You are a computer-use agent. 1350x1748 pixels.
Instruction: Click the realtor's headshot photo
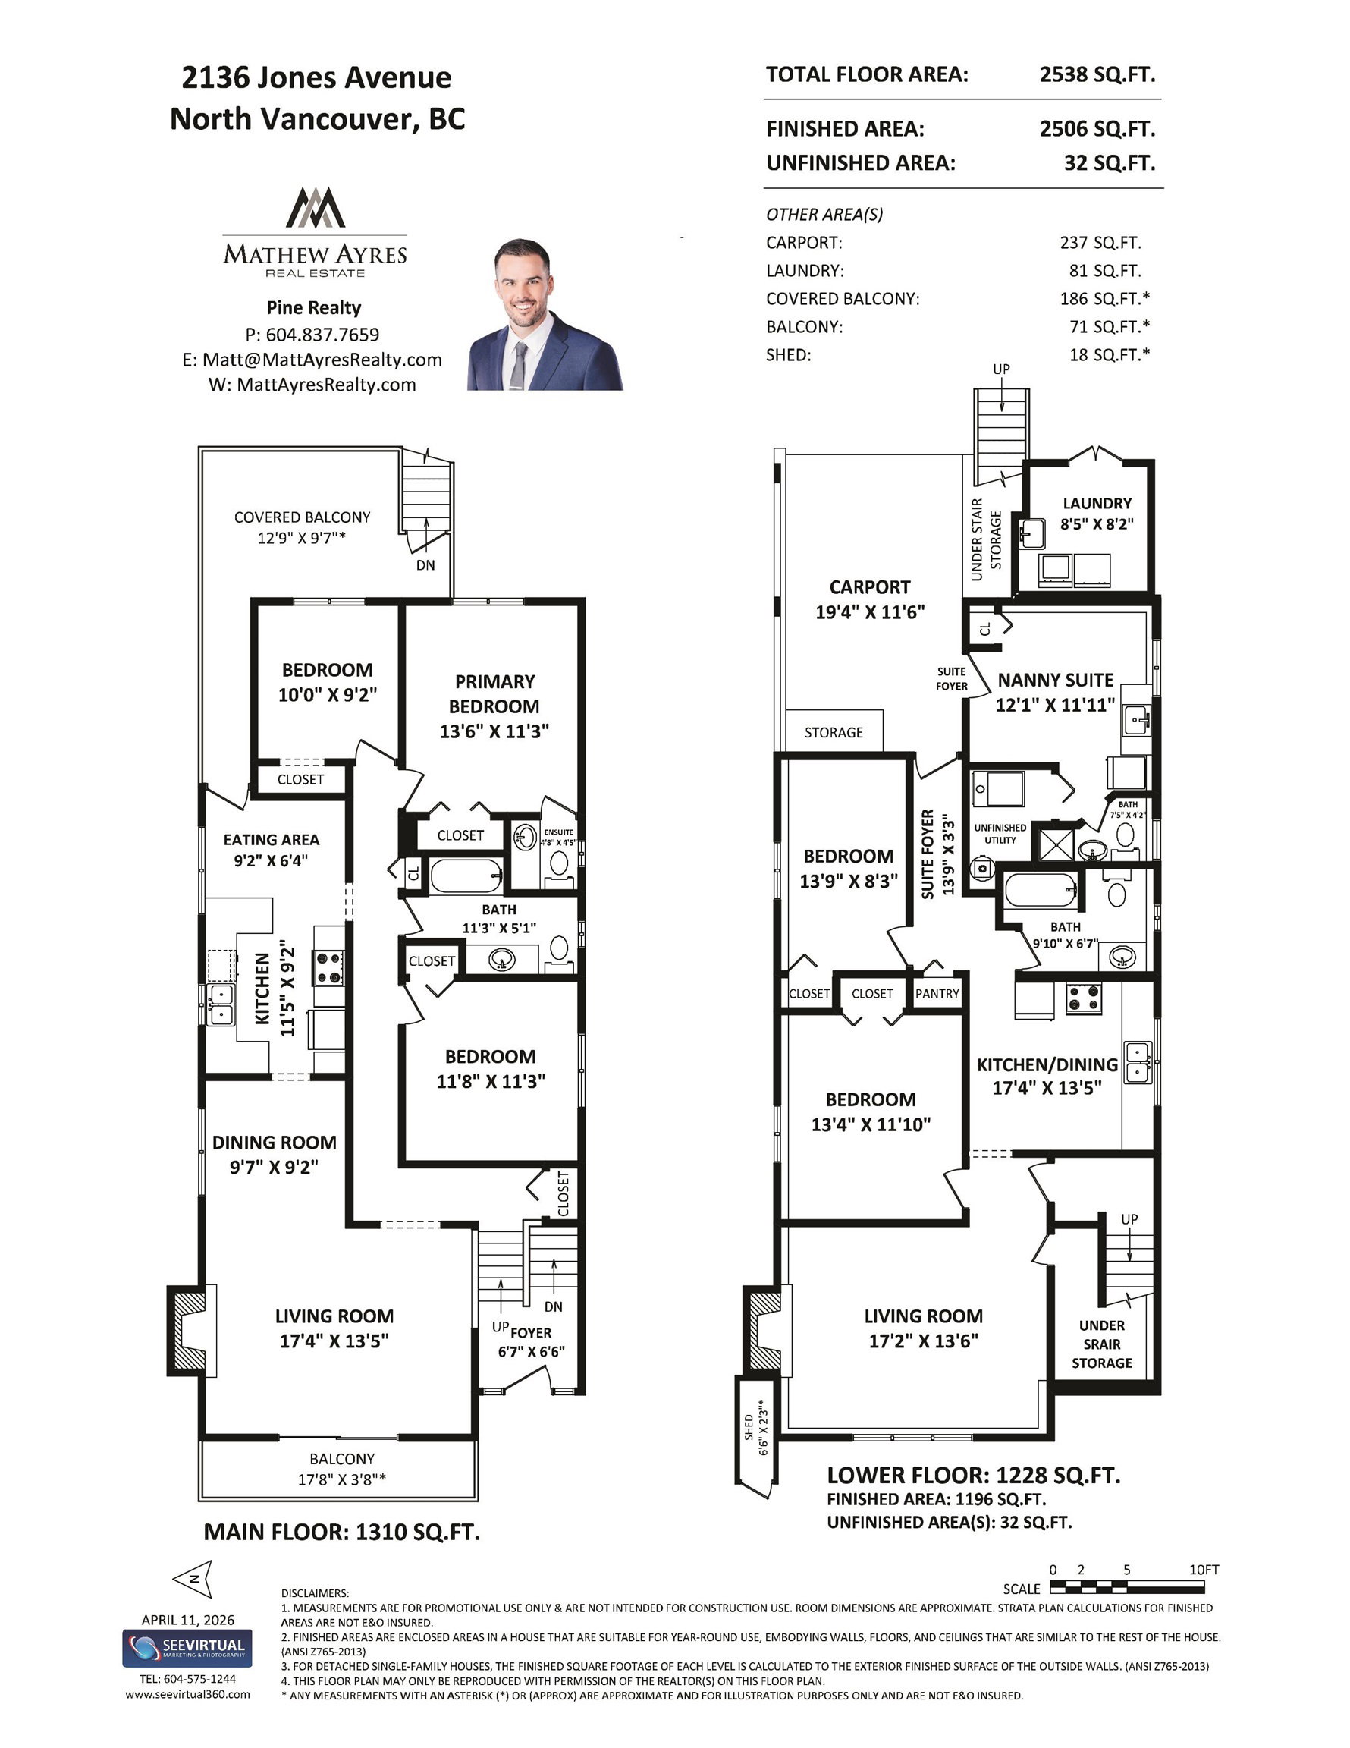[x=545, y=314]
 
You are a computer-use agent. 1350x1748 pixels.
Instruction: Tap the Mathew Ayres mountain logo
[x=316, y=207]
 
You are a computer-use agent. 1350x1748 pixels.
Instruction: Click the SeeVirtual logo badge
[x=187, y=1649]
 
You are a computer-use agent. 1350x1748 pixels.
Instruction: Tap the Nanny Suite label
[x=1056, y=681]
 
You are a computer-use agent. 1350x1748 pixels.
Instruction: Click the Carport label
[x=870, y=586]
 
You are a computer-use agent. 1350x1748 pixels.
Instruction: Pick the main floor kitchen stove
[x=329, y=967]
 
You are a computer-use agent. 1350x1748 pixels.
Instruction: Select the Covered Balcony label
[x=302, y=517]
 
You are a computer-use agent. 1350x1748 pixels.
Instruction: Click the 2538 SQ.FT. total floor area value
[x=1097, y=74]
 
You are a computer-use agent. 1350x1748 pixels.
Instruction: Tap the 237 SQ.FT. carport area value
[x=1100, y=243]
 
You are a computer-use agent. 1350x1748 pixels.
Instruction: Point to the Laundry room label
[x=1097, y=504]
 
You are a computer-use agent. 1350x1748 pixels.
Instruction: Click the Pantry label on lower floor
[x=937, y=993]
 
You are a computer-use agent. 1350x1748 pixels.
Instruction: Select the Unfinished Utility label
[x=1000, y=833]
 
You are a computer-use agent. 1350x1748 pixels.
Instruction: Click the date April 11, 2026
[x=188, y=1619]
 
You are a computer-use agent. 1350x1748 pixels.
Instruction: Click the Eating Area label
[x=272, y=840]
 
